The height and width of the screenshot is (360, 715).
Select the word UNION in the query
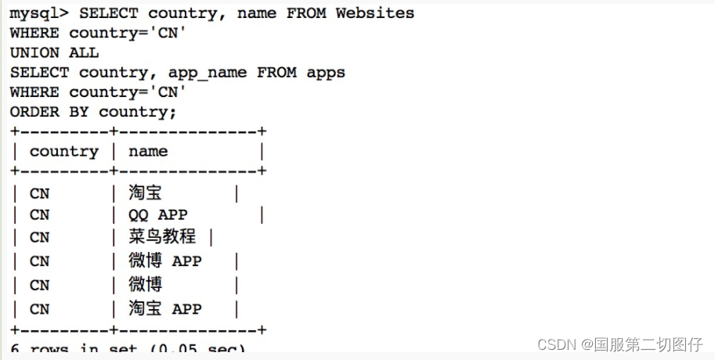(x=34, y=52)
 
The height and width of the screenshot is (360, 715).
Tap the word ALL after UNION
(x=84, y=52)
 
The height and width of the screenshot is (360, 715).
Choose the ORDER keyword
(x=34, y=111)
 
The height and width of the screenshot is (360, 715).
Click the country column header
(x=64, y=151)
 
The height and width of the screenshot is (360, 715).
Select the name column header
(x=148, y=151)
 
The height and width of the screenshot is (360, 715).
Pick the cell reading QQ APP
(x=158, y=214)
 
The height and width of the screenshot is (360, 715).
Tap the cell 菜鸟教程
(x=162, y=237)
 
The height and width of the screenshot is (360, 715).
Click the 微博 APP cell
(x=164, y=261)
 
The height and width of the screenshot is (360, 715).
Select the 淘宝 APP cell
(x=164, y=308)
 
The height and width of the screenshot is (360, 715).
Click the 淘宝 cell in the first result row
(x=145, y=192)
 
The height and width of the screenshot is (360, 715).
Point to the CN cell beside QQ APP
(x=39, y=214)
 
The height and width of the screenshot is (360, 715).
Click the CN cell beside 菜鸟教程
(x=39, y=237)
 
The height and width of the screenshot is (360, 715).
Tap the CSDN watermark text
(x=557, y=344)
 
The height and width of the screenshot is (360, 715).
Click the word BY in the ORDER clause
(x=79, y=111)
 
